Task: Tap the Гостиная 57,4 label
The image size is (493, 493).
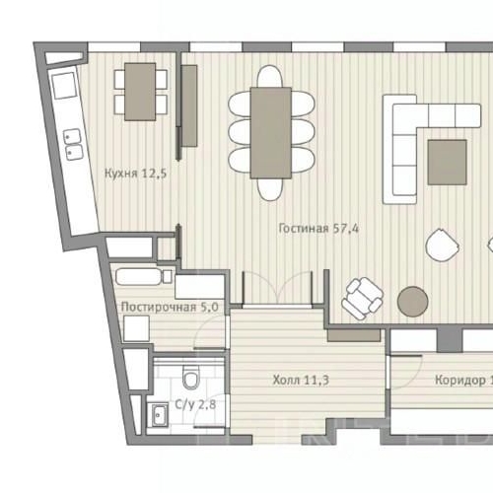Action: (318, 229)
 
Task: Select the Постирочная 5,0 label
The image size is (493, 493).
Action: (170, 307)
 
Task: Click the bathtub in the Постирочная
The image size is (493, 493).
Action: (144, 277)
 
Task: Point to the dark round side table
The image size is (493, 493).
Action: (412, 301)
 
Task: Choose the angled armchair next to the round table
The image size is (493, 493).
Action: (364, 296)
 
